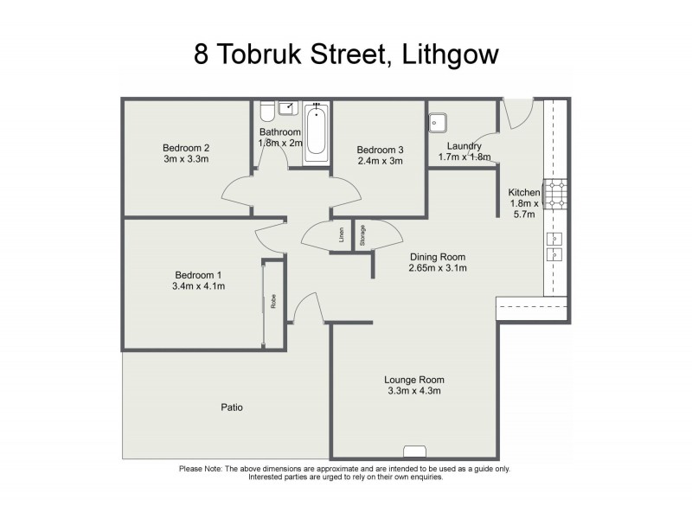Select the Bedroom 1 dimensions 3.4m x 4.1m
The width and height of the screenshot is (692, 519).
(x=200, y=287)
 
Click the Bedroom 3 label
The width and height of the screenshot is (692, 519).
(x=380, y=149)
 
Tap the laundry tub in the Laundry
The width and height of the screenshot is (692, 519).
(x=437, y=122)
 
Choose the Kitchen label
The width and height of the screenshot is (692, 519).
(x=524, y=192)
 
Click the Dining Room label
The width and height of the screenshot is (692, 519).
(x=438, y=257)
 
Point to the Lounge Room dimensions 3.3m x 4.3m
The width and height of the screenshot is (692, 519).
(x=413, y=391)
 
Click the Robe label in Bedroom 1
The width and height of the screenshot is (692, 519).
(x=273, y=302)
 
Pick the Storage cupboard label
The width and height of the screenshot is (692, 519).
(x=362, y=235)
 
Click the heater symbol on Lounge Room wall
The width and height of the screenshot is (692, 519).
(x=414, y=451)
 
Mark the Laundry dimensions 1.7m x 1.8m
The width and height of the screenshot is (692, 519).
(x=465, y=157)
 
